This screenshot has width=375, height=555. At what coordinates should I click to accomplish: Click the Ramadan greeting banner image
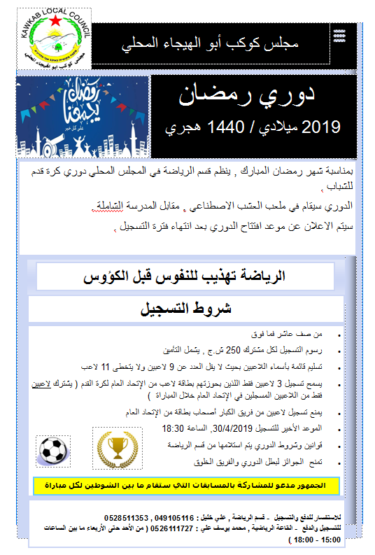[x=82, y=116]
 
